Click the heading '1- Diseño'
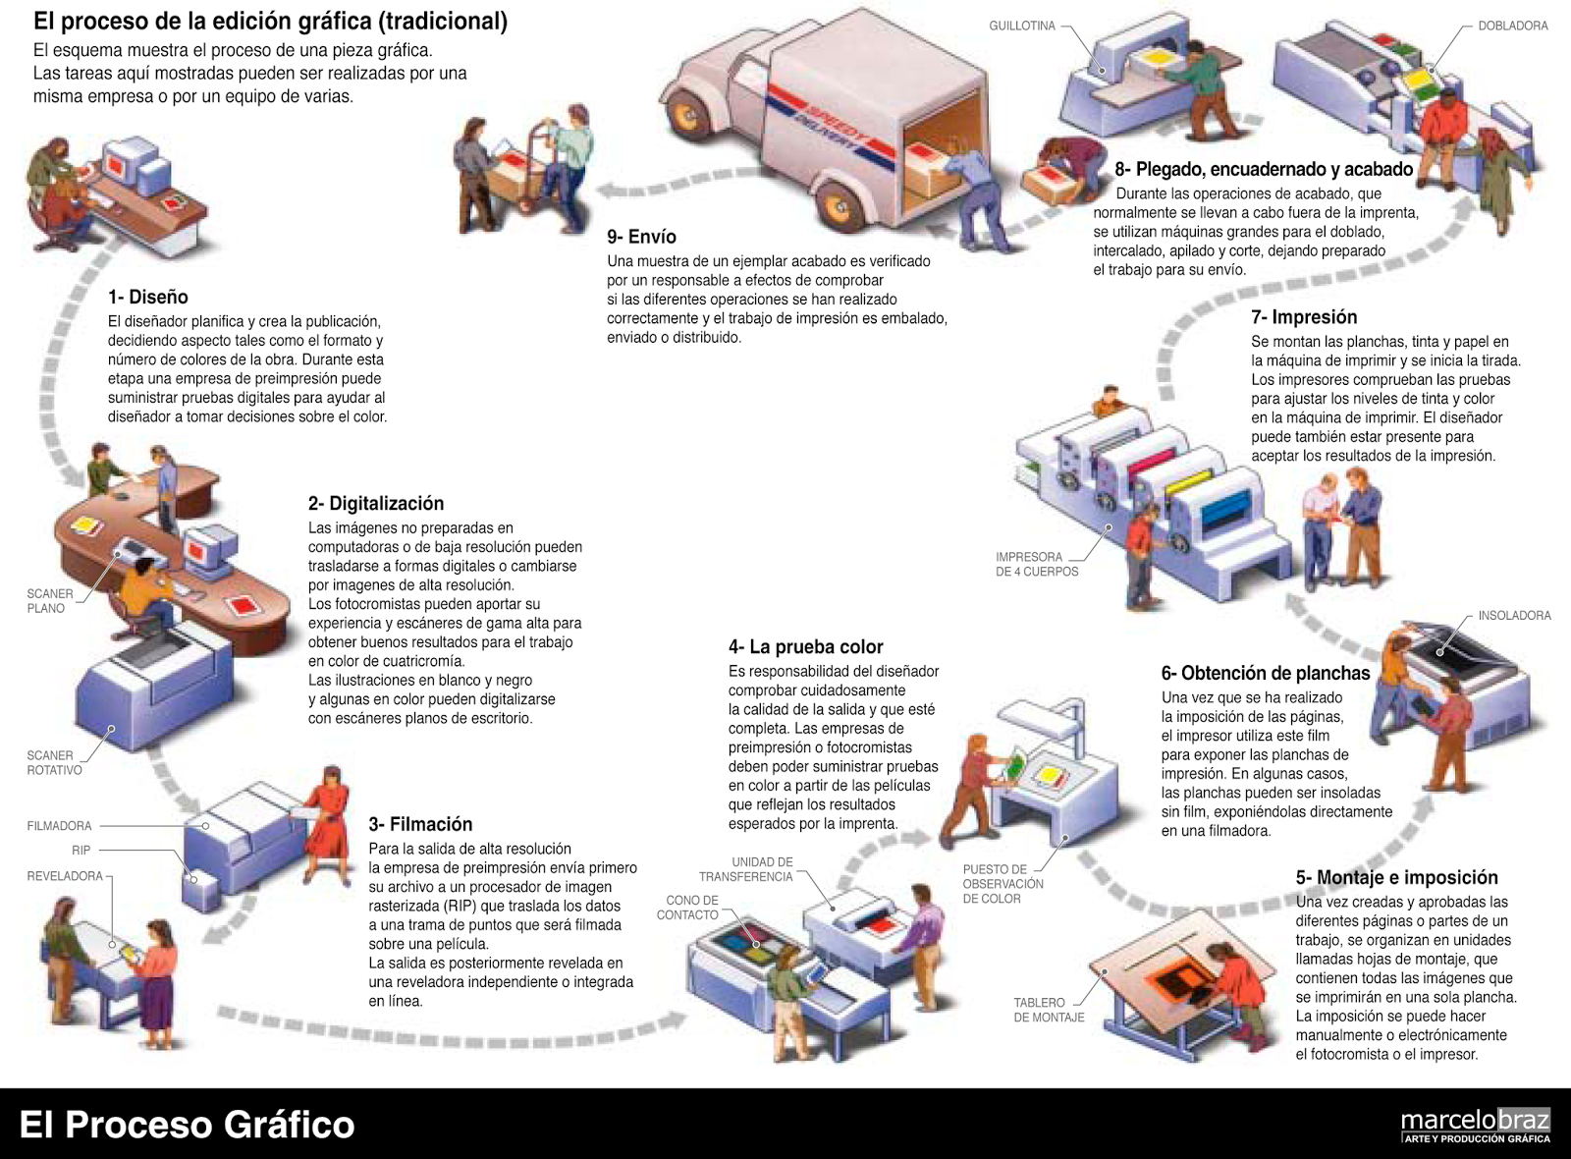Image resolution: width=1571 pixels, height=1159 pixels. point(147,297)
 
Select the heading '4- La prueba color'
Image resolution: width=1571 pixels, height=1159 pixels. point(805,646)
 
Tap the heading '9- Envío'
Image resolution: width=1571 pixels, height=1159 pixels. point(641,237)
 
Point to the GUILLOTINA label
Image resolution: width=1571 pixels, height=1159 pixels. point(1021,27)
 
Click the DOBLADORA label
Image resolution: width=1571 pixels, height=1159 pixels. point(1512,27)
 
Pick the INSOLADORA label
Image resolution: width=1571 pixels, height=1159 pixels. point(1513,616)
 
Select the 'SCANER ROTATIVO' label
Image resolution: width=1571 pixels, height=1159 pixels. point(54,763)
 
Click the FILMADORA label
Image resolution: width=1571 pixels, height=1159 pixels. point(59,826)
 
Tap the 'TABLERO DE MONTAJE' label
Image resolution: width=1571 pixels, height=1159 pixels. point(1048,1010)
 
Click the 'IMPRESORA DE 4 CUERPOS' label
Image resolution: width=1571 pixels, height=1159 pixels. point(1036,564)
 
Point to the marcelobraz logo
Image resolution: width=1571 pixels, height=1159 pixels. point(1475,1125)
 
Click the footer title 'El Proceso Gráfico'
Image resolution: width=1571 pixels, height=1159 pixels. point(187,1125)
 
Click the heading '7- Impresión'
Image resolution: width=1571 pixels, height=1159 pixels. point(1303,317)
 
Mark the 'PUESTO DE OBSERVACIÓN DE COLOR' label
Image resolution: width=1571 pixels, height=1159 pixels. point(1002,884)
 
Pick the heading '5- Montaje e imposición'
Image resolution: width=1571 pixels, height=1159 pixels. point(1395,877)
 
